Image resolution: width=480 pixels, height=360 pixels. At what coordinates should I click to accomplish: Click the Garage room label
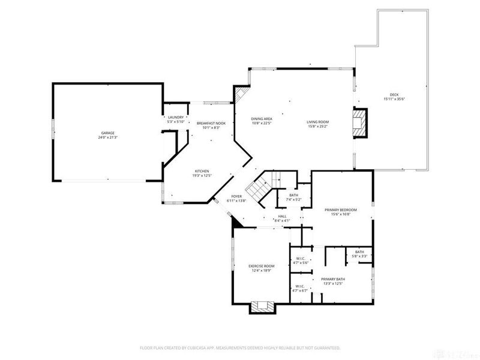click(x=108, y=133)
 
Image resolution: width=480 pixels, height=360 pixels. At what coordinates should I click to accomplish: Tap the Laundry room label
click(x=176, y=118)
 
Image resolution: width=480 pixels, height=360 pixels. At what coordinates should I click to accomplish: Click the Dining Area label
click(x=262, y=119)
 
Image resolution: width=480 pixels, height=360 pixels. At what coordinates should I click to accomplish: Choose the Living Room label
click(x=318, y=122)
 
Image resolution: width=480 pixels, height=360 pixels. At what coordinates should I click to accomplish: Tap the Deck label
click(x=394, y=95)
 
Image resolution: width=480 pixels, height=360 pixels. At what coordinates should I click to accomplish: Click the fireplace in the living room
click(x=359, y=122)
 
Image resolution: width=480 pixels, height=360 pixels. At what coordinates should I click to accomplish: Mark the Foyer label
click(x=236, y=196)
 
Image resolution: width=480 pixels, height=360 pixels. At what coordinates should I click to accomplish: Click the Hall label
click(x=282, y=216)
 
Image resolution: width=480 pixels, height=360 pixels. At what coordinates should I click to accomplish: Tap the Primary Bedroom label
click(x=340, y=210)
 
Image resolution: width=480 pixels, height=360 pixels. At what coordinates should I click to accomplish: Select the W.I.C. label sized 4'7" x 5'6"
click(x=300, y=259)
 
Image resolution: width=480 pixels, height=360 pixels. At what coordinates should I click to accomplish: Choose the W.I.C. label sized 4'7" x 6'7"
click(x=300, y=286)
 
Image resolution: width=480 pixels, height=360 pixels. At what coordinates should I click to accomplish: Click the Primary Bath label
click(x=331, y=279)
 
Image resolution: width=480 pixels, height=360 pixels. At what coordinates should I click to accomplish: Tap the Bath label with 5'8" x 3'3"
click(x=359, y=252)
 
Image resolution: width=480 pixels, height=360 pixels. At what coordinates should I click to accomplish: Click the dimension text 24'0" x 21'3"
click(x=108, y=137)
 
